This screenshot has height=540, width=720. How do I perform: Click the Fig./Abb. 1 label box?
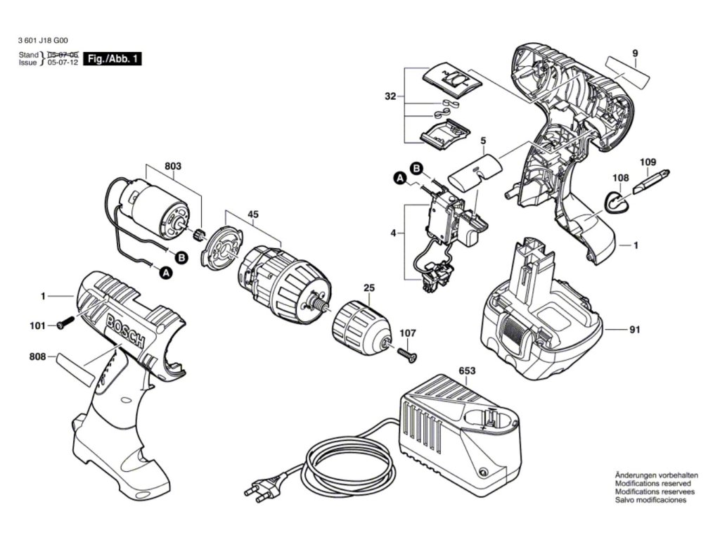(x=112, y=59)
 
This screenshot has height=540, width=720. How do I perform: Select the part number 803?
(x=173, y=167)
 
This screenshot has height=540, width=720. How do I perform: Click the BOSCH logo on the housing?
(x=124, y=331)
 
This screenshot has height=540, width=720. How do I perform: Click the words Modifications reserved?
(x=652, y=484)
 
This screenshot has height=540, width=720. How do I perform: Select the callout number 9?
(x=634, y=53)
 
